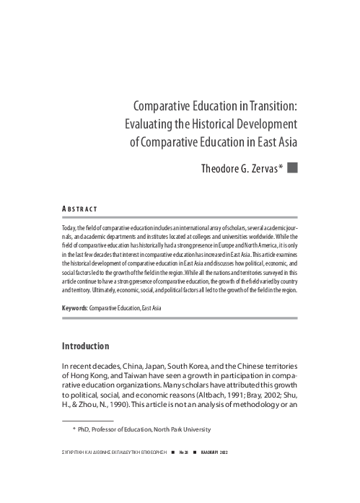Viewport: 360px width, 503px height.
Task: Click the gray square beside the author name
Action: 292,169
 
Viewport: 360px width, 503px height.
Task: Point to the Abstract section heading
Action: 80,210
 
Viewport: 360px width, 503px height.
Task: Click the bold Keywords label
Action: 74,308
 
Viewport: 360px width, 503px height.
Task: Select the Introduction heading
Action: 86,346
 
